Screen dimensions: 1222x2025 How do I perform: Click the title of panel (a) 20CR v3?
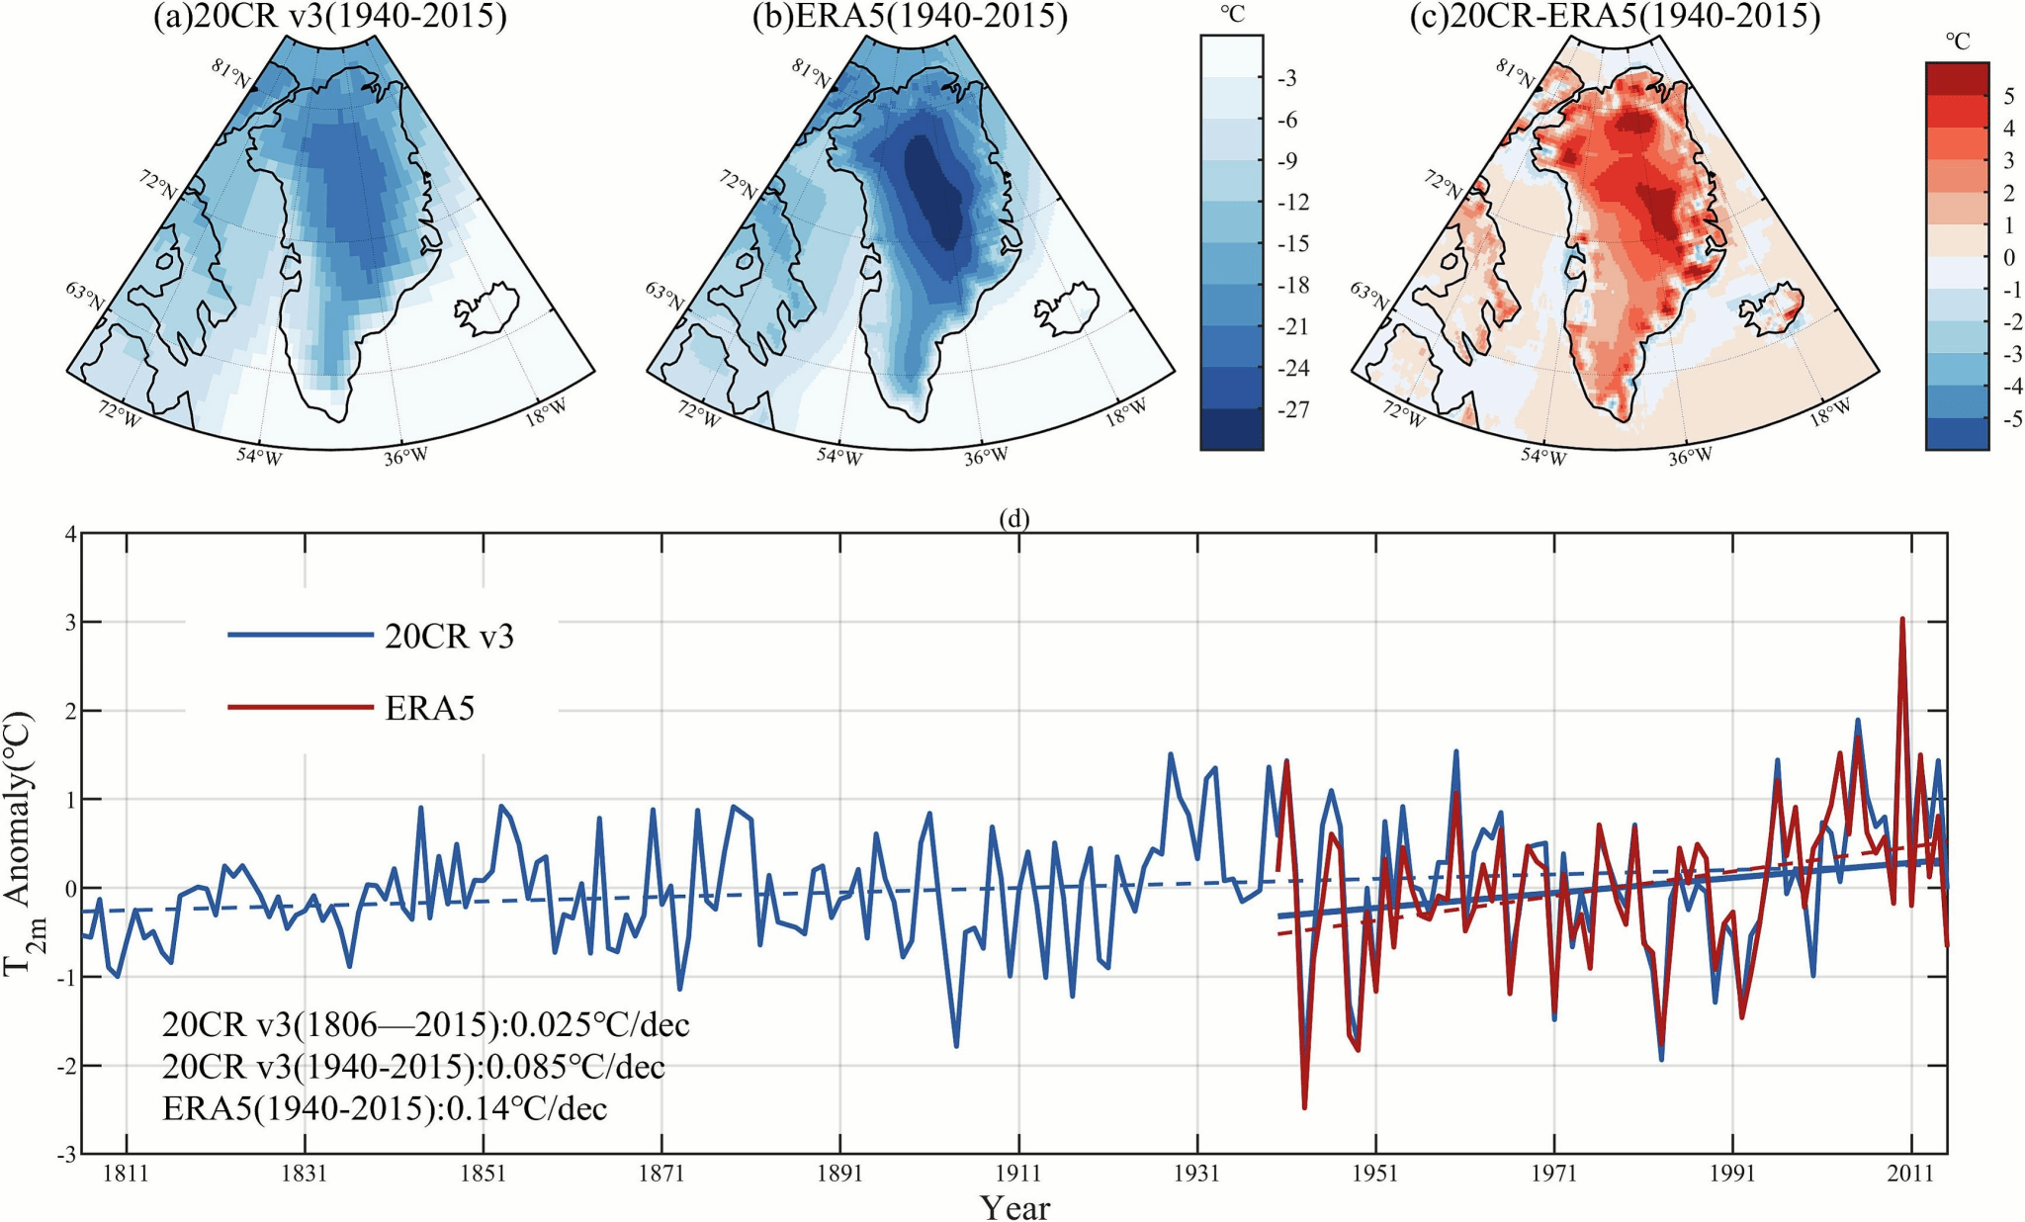point(329,18)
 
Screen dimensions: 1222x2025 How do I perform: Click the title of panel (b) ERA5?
point(910,18)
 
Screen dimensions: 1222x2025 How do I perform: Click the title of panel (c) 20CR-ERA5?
point(1614,18)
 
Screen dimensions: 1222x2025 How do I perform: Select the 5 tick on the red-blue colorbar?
point(2008,96)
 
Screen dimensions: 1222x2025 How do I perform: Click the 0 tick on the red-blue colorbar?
point(2008,257)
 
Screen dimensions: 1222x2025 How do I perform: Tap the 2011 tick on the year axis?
point(1910,1174)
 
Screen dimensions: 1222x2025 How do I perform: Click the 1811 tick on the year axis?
point(126,1174)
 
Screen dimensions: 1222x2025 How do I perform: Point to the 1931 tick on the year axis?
point(1196,1174)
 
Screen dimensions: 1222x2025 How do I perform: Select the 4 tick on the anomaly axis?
point(69,534)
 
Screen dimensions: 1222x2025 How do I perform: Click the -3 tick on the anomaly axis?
point(65,1154)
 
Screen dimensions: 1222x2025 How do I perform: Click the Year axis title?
point(1014,1207)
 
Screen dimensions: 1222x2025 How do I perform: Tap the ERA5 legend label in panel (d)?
point(429,708)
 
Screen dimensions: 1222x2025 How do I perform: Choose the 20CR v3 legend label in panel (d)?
point(449,637)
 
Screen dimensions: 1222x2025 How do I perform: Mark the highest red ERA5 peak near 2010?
point(1901,620)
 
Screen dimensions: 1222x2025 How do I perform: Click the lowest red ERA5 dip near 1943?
point(1304,1107)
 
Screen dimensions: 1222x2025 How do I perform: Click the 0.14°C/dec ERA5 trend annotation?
point(385,1109)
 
